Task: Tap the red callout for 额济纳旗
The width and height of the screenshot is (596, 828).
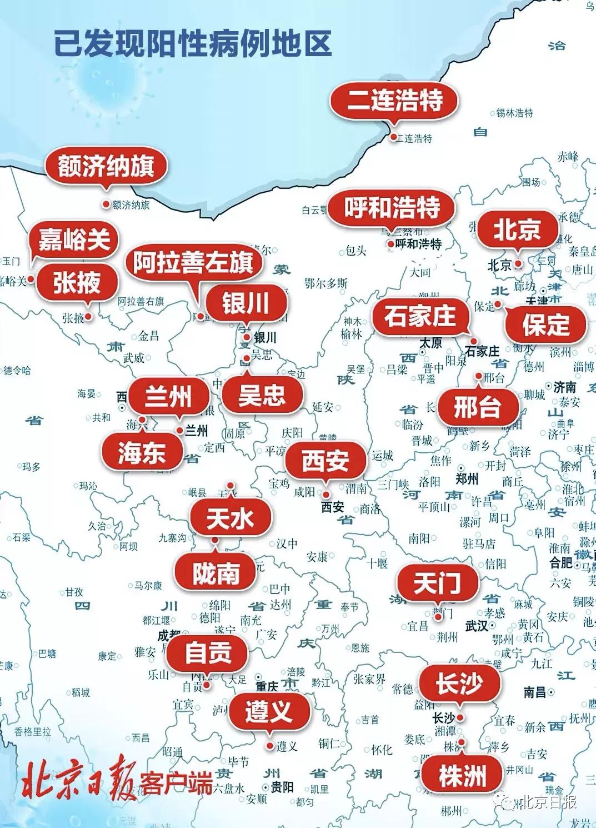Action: pos(106,166)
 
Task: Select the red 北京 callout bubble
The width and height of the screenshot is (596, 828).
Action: pos(517,230)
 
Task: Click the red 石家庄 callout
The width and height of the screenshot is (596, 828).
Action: pos(420,317)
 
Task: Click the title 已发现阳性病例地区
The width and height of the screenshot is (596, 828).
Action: pos(193,43)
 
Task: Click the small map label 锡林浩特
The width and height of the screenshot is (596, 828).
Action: pos(514,113)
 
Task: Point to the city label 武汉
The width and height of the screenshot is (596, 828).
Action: pos(477,626)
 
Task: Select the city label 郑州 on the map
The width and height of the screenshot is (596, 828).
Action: pos(467,479)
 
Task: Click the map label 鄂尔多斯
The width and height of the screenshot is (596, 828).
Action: pos(326,283)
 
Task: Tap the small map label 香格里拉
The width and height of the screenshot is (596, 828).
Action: pos(32,732)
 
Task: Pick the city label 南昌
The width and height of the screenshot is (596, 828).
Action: pos(534,692)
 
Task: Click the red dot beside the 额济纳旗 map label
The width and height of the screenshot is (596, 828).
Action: pos(106,204)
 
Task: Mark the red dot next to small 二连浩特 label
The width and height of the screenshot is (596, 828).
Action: pos(393,137)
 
